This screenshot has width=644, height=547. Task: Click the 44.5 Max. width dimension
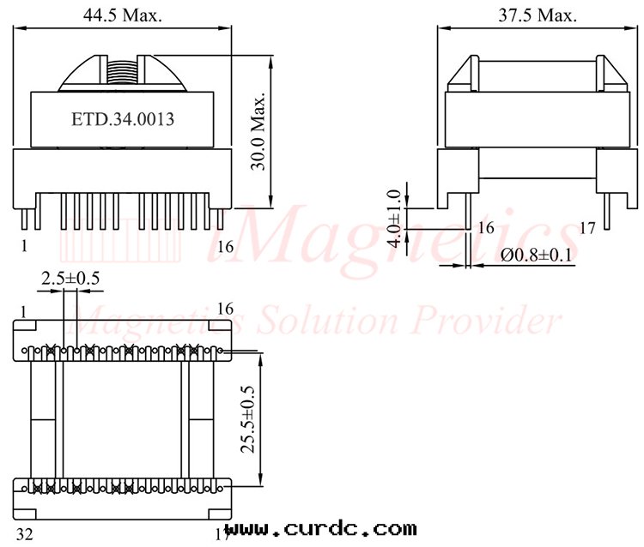tap(123, 15)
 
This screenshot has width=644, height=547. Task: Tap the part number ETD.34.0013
tap(123, 119)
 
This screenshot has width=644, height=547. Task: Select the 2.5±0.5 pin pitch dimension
tap(70, 279)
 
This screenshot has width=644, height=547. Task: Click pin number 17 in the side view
tap(587, 228)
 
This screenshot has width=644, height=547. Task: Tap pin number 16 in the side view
tap(485, 228)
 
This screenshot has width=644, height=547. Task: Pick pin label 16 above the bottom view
tap(226, 308)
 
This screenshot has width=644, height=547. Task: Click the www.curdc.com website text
tap(321, 528)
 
